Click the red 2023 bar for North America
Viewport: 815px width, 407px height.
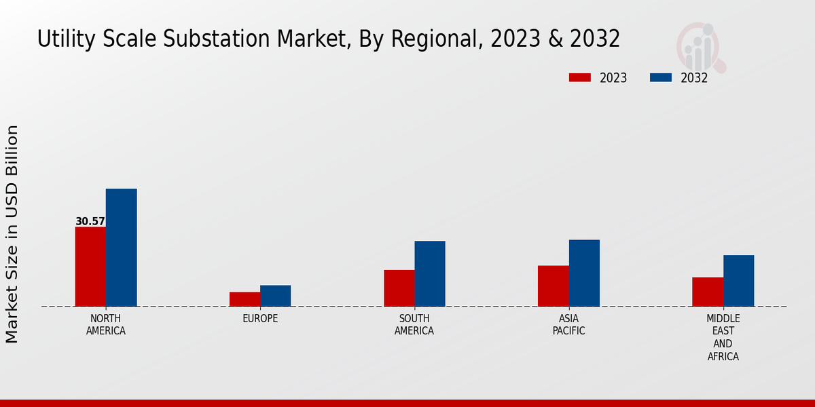90,267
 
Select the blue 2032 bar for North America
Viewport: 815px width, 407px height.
121,248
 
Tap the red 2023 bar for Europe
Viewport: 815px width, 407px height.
244,299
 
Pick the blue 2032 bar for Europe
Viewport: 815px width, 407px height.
275,296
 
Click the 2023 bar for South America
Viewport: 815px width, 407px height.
399,288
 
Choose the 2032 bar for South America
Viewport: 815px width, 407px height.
430,273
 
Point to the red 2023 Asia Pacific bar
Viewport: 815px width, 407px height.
553,286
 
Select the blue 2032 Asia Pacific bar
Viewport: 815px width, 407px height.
584,273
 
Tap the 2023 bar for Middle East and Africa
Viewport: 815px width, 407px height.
707,292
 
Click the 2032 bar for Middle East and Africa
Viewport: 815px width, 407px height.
738,281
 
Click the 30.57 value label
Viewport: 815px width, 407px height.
90,221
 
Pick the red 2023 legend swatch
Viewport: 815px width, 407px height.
580,77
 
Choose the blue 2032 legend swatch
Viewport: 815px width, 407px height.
660,77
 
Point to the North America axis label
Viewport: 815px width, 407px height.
106,324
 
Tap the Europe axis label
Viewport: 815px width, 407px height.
260,318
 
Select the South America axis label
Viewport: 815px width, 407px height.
414,324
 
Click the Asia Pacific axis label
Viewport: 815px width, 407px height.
568,324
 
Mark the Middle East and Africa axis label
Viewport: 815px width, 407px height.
723,337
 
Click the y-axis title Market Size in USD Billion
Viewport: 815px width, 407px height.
12,234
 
